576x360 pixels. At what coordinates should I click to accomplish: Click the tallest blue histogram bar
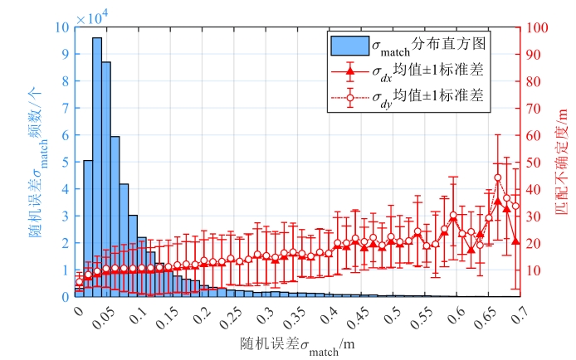(97, 166)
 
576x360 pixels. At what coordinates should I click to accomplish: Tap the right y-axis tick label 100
(536, 27)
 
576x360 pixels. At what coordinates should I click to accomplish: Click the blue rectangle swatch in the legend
(347, 42)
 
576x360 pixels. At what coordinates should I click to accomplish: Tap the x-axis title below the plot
(290, 345)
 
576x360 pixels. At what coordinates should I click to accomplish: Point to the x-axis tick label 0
(78, 313)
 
